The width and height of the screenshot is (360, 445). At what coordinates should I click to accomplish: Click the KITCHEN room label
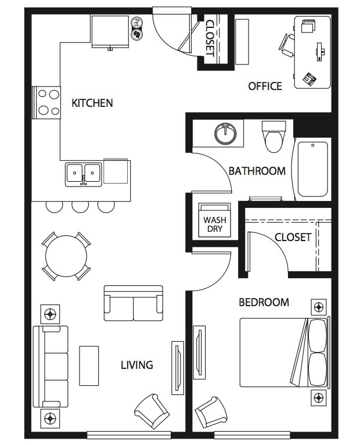tap(92, 103)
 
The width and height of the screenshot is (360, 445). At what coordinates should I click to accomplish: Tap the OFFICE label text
tap(265, 86)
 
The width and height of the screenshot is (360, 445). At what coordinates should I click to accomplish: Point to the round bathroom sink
tap(225, 134)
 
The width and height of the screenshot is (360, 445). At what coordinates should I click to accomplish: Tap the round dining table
tap(66, 256)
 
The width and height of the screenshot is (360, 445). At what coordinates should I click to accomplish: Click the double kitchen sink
tap(84, 173)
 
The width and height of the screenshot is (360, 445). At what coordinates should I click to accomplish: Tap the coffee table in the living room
tap(89, 365)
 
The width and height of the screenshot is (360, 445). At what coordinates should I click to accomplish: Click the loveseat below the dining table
tap(133, 304)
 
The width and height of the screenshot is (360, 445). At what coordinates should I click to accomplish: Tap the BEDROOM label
tap(264, 302)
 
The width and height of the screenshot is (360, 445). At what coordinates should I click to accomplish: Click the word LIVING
tap(136, 365)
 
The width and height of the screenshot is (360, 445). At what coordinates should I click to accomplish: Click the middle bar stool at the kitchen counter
tap(80, 206)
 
